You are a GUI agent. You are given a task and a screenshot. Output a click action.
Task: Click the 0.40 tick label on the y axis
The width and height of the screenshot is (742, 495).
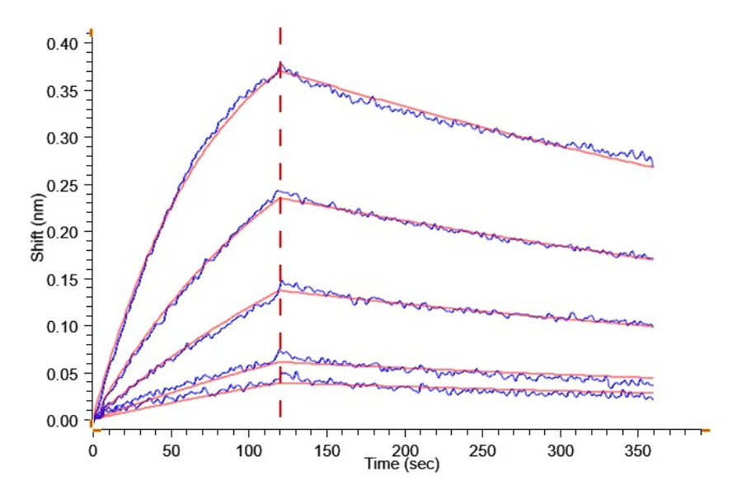click(63, 43)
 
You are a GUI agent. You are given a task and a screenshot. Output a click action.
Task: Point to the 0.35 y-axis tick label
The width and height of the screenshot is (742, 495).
click(63, 90)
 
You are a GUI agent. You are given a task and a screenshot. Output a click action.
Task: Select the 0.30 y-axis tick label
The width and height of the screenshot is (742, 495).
click(63, 137)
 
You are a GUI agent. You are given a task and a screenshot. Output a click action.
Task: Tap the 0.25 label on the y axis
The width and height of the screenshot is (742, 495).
click(63, 185)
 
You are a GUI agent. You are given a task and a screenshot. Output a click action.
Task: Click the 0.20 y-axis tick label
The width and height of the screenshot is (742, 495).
click(63, 232)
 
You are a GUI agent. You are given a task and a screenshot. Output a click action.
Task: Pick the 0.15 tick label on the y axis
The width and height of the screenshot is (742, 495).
click(63, 280)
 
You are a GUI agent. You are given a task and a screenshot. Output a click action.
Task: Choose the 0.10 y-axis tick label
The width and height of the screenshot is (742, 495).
click(63, 327)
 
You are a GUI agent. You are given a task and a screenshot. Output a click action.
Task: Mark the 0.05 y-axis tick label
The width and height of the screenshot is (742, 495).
click(63, 374)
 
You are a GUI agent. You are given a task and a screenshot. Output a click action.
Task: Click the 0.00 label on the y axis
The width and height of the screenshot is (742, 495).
click(63, 422)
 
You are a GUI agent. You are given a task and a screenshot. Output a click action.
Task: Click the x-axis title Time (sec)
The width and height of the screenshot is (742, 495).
click(402, 465)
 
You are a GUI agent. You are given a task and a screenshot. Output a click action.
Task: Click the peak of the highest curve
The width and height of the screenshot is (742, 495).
click(280, 64)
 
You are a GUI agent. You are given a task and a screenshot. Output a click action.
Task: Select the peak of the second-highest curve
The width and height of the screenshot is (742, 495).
click(280, 192)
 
